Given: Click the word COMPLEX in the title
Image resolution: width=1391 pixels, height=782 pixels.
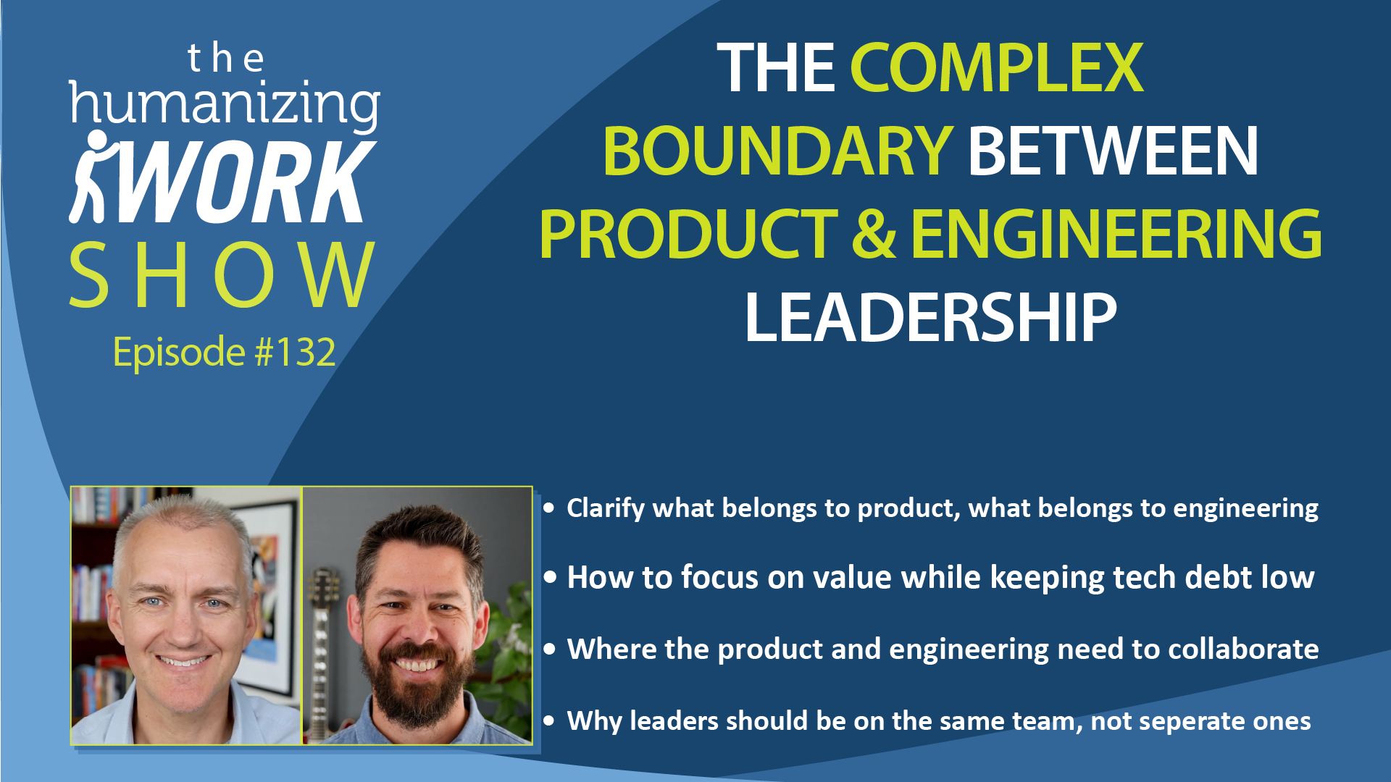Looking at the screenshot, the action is tap(997, 69).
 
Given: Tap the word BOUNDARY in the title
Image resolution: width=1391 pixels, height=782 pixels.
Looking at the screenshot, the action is tap(777, 151).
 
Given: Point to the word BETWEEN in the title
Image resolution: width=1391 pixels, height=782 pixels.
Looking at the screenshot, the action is tap(1113, 151).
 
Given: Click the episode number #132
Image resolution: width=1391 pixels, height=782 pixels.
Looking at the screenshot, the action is tap(295, 353).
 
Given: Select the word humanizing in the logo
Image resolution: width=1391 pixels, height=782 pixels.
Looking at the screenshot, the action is tap(225, 106).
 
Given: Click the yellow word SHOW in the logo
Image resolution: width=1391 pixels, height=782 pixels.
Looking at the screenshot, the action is tap(222, 275).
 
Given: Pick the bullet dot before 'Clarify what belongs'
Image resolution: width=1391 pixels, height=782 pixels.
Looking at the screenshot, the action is tap(549, 508).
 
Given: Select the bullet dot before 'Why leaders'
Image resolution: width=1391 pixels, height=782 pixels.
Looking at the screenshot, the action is tap(549, 721).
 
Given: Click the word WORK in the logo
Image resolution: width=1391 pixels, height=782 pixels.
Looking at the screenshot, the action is tap(246, 181).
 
